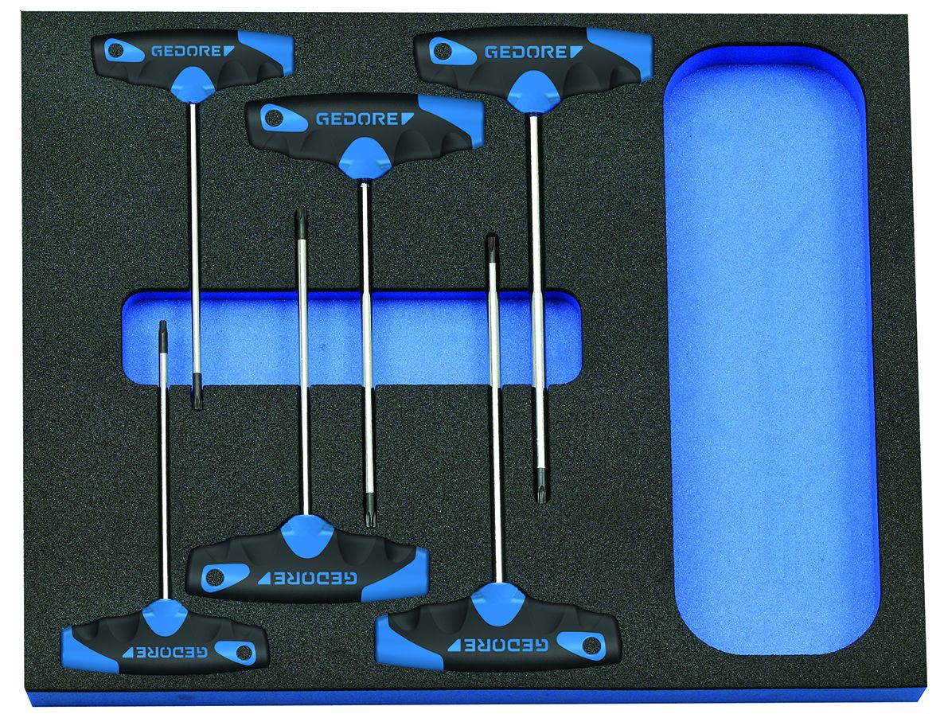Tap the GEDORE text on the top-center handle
365,119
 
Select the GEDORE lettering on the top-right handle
533,53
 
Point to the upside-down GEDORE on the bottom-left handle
166,652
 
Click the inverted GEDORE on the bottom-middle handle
307,579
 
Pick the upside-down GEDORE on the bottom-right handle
498,645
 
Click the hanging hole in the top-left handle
117,51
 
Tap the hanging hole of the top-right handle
443,52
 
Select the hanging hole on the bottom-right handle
590,646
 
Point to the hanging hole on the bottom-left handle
243,653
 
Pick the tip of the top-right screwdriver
540,499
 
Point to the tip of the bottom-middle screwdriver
301,211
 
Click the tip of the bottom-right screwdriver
492,237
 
